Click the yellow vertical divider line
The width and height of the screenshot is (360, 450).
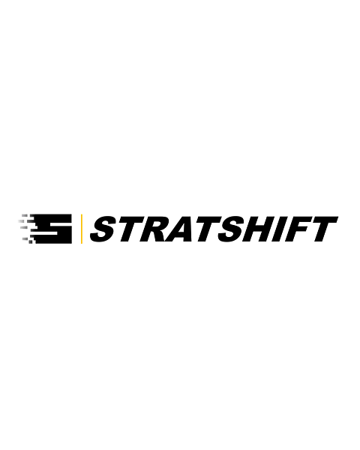82,229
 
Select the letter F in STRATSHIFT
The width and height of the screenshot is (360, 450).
299,229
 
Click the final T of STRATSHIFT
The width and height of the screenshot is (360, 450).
324,229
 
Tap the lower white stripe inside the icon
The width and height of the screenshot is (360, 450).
46,234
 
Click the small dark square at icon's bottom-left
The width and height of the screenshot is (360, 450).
31,241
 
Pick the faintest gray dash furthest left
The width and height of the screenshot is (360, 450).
20,220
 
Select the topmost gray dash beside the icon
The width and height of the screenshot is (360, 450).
25,214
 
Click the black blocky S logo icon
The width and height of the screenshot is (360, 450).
50,229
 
